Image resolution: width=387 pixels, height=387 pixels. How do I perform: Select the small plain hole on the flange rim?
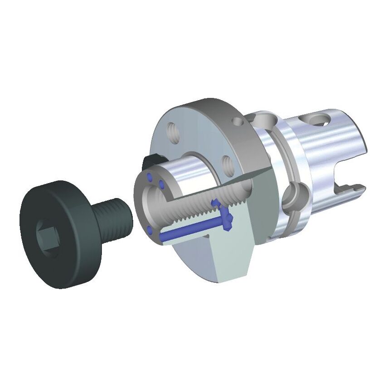pyautogui.click(x=235, y=121)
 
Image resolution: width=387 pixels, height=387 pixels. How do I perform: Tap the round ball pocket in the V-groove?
pyautogui.click(x=292, y=196)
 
